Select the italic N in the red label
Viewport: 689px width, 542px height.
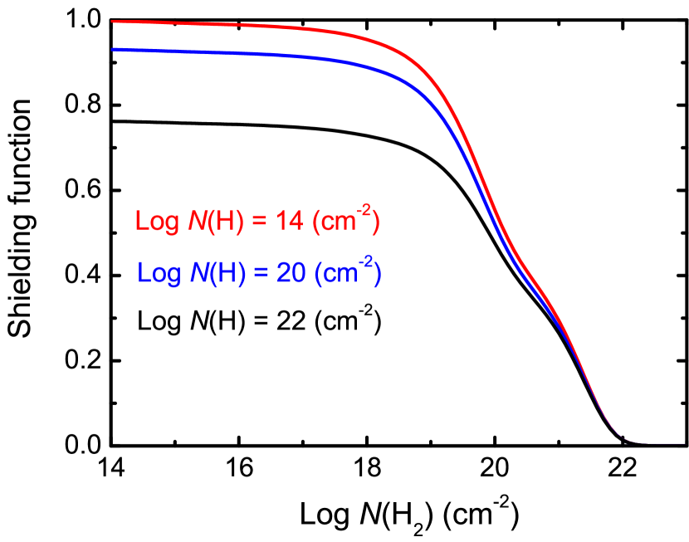pos(198,222)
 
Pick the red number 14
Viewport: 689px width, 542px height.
pos(286,222)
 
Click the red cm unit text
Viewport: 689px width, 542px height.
pos(338,224)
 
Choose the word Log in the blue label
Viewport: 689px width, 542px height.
pos(159,273)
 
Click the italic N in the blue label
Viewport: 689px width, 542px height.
pos(199,272)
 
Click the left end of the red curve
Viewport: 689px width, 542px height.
pos(114,22)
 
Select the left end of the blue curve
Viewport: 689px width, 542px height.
pos(114,50)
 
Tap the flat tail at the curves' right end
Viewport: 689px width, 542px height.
pos(664,443)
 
